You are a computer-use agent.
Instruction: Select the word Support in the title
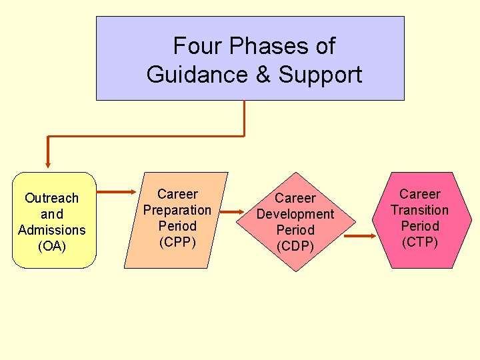pyautogui.click(x=320, y=75)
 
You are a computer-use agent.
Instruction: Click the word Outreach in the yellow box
pyautogui.click(x=51, y=198)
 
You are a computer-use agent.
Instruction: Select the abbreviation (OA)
pyautogui.click(x=51, y=246)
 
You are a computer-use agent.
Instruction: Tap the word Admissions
pyautogui.click(x=51, y=230)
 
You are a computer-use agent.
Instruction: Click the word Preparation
pyautogui.click(x=177, y=210)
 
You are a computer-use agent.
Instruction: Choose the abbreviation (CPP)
pyautogui.click(x=177, y=242)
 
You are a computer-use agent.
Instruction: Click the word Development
pyautogui.click(x=295, y=214)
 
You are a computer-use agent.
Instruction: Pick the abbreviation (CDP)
pyautogui.click(x=295, y=246)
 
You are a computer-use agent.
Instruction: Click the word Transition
pyautogui.click(x=420, y=210)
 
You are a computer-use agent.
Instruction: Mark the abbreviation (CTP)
pyautogui.click(x=420, y=242)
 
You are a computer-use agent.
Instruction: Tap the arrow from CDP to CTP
pyautogui.click(x=361, y=236)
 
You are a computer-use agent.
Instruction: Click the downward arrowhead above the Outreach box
pyautogui.click(x=47, y=161)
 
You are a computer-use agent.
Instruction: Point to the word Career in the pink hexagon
pyautogui.click(x=420, y=194)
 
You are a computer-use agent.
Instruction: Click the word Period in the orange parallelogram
pyautogui.click(x=177, y=226)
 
